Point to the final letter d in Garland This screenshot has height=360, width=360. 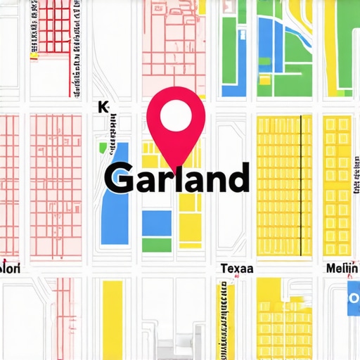238,177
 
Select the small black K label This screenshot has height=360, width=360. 104,107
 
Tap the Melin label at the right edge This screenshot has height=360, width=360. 342,269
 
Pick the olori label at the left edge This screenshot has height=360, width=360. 11,269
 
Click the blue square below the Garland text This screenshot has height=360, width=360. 156,222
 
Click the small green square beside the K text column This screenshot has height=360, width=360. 103,148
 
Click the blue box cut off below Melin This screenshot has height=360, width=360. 353,299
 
